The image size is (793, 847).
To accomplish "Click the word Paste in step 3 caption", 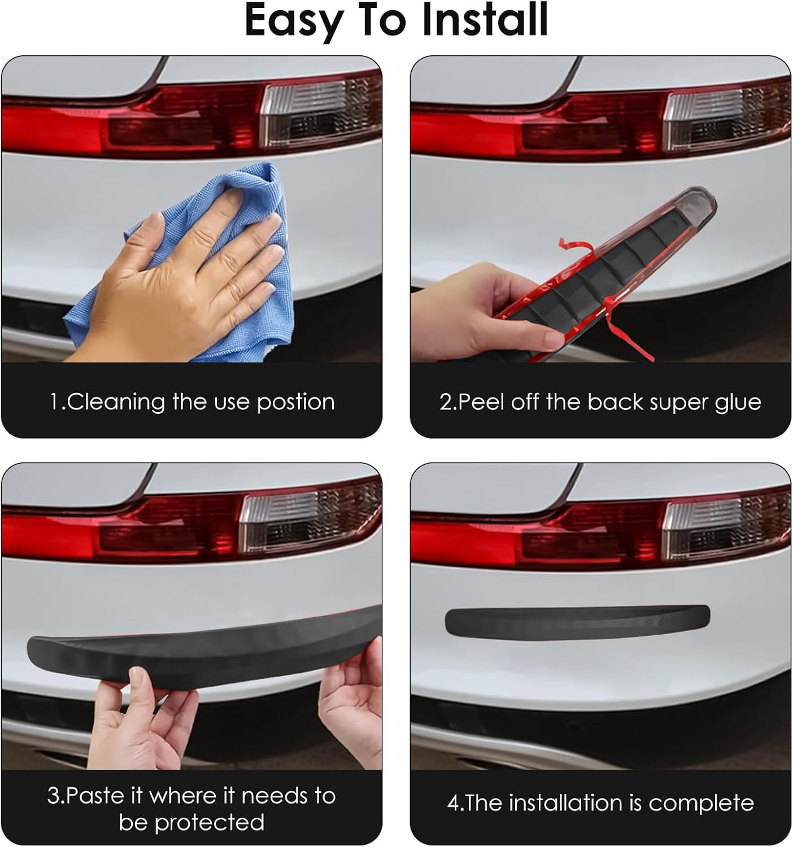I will pos(96,796).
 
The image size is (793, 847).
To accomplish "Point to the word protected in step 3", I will pos(209,823).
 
